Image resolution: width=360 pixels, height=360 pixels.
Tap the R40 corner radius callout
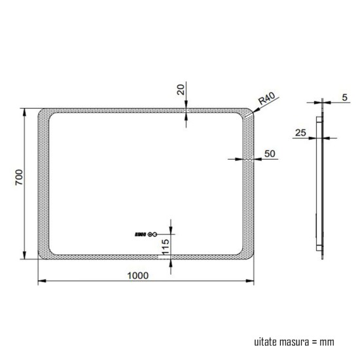click(x=266, y=100)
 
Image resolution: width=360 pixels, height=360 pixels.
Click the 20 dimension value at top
click(x=181, y=90)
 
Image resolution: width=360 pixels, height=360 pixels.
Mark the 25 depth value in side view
click(x=301, y=132)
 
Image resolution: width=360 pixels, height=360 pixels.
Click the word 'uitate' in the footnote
click(x=265, y=342)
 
